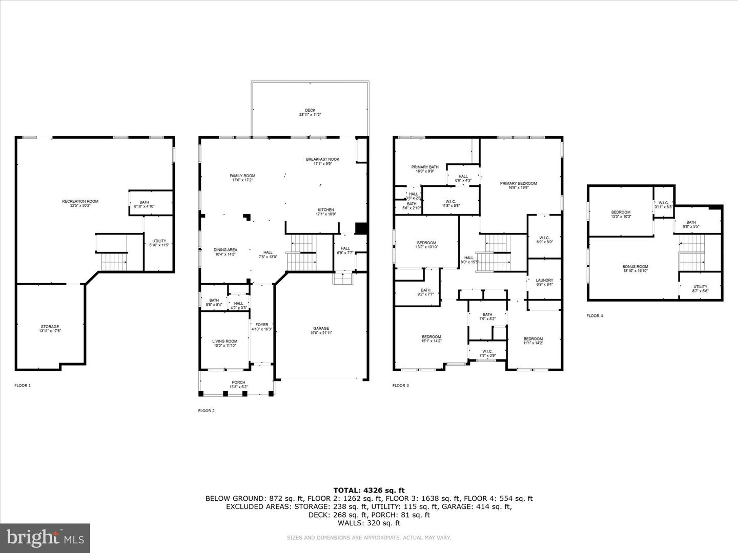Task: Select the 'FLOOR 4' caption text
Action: [594, 316]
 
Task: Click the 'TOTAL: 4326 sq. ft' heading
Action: [369, 490]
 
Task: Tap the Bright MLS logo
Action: [45, 538]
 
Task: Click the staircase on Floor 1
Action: [113, 253]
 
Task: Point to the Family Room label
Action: [242, 178]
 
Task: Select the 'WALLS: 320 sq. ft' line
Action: [369, 523]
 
